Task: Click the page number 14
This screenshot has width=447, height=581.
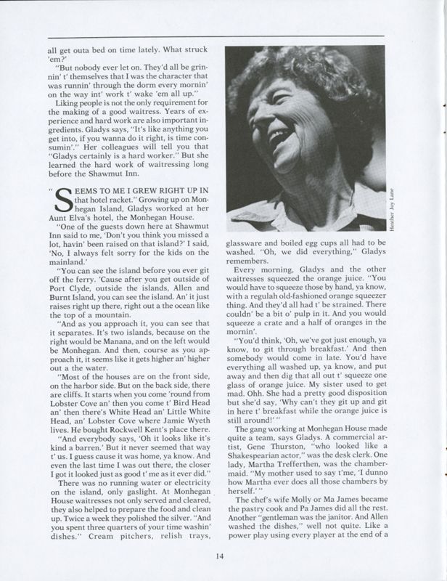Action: tap(223, 557)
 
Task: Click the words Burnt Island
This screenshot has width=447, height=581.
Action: tap(70, 307)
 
